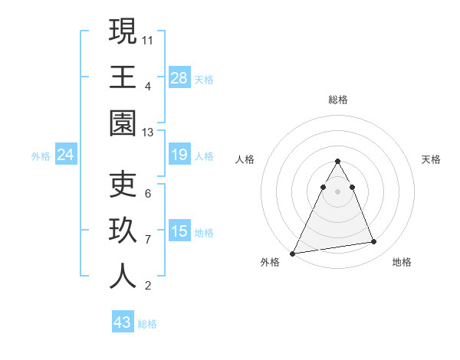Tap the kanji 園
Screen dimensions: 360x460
coord(123,123)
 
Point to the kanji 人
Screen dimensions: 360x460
coord(123,276)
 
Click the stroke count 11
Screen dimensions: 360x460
coord(148,39)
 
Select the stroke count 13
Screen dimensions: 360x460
coord(148,133)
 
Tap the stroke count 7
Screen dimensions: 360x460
coord(148,240)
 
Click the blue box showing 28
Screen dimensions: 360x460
coord(179,78)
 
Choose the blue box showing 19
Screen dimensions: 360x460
coord(179,155)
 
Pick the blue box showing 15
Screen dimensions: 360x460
coord(179,231)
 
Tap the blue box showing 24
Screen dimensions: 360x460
coord(65,155)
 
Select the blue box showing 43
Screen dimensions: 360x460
coord(122,322)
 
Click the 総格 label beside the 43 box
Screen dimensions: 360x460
coord(147,324)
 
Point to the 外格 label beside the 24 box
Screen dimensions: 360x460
coord(41,156)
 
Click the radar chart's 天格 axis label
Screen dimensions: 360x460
coord(432,159)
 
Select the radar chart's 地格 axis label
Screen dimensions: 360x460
coord(402,262)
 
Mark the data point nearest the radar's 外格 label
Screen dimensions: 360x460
coord(293,253)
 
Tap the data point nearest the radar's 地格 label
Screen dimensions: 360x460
coord(374,242)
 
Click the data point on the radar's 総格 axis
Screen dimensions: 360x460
coord(337,162)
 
